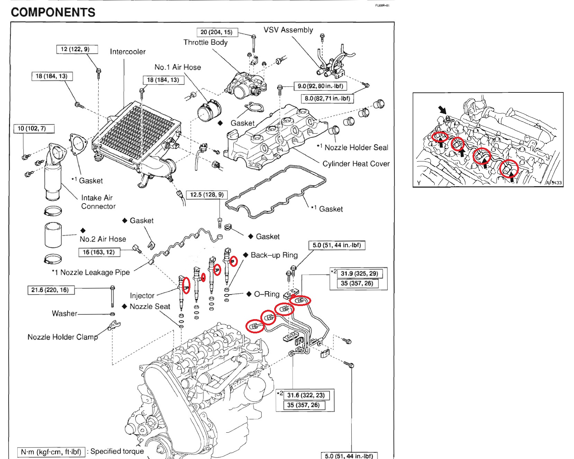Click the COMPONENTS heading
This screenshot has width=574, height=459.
tap(53, 12)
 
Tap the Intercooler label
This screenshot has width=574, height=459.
tap(127, 52)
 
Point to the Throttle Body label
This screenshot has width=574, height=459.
tap(205, 42)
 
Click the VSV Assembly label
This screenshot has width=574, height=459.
tap(288, 30)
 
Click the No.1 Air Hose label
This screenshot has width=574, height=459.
tap(178, 67)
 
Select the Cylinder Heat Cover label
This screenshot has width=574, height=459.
tap(356, 164)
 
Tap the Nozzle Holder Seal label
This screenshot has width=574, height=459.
tap(356, 147)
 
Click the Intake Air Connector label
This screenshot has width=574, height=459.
tap(98, 202)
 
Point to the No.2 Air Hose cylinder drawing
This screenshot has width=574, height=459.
tap(53, 235)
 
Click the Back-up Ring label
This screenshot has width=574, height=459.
tap(274, 255)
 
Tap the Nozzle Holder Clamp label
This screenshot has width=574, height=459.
tap(62, 337)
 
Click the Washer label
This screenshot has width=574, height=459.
tap(64, 313)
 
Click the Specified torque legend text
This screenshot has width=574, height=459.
tap(117, 451)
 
